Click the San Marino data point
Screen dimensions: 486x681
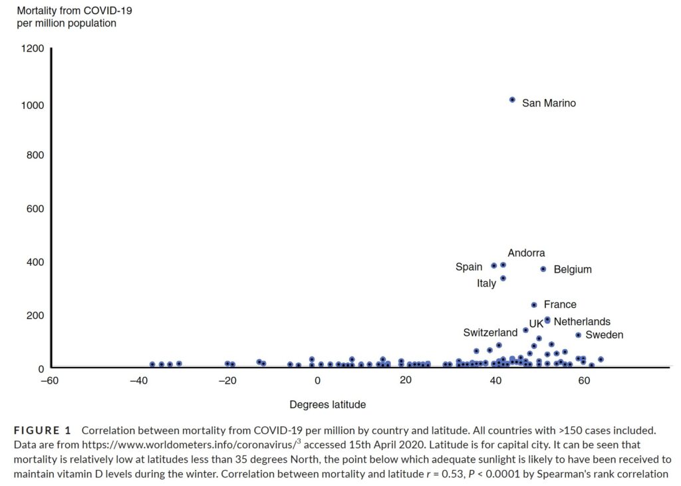[512, 100]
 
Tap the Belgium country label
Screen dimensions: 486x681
[572, 270]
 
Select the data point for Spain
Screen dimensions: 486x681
[493, 266]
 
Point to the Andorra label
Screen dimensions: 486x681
[526, 253]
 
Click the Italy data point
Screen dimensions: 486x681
[503, 279]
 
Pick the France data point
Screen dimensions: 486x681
[533, 305]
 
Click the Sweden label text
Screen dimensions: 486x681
[604, 335]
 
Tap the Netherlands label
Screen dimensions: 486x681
[581, 322]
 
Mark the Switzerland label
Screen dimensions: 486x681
[490, 332]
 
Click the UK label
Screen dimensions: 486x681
[536, 324]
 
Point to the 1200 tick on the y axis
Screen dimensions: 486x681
[32, 49]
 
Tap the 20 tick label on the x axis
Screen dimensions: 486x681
[406, 381]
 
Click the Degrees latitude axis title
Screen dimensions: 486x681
[327, 404]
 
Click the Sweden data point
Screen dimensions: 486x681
[578, 335]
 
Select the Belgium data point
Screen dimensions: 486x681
[543, 269]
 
